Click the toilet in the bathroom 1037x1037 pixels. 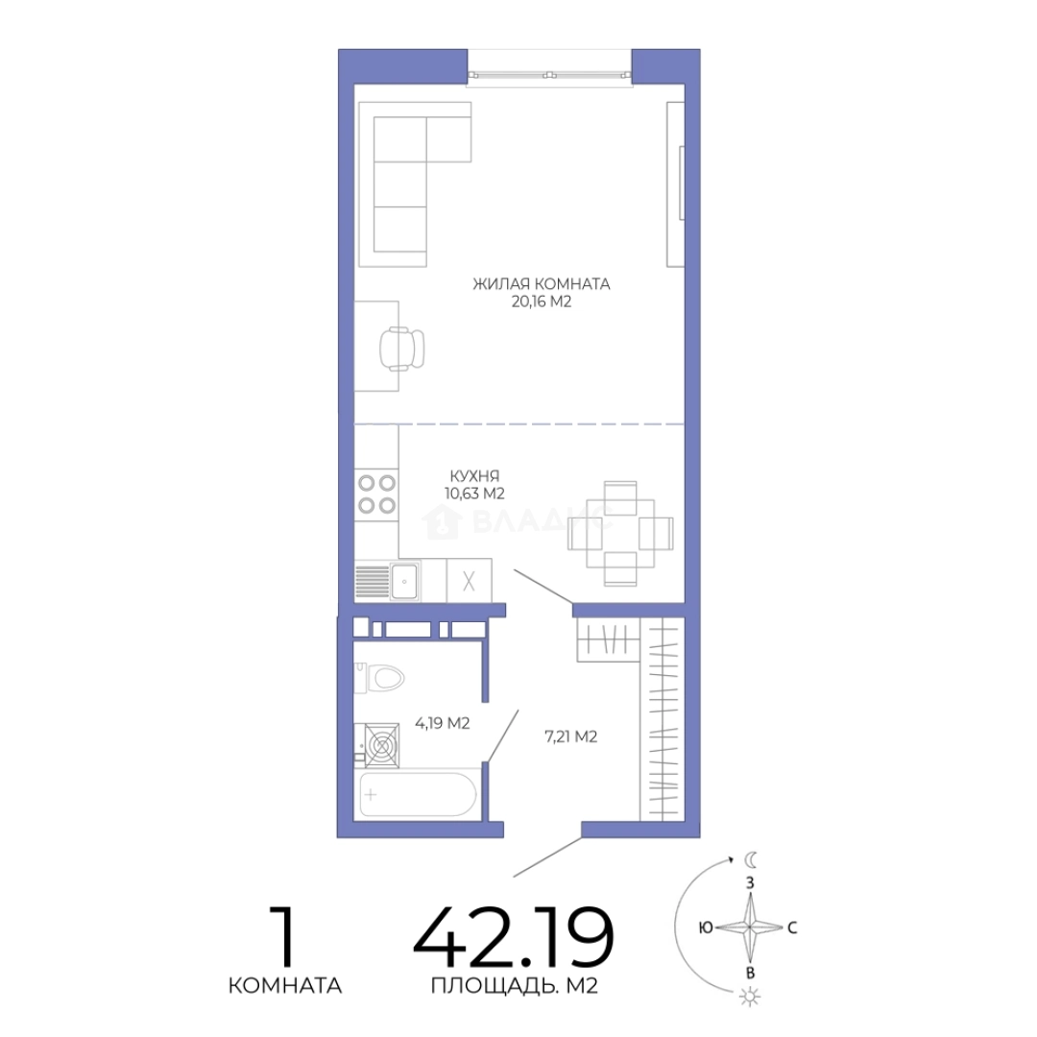pos(379,678)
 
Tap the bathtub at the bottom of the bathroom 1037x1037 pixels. pos(418,794)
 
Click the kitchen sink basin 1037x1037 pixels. pos(404,581)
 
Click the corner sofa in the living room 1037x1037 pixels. pos(416,184)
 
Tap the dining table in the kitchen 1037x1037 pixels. pos(620,533)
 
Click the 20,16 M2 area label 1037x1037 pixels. pos(541,302)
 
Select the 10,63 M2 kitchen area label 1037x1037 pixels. pos(475,494)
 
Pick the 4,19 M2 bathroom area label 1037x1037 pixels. pos(443,724)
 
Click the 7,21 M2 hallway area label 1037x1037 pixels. pos(570,736)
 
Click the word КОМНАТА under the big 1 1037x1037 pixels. pos(285,985)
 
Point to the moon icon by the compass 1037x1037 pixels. pos(751,859)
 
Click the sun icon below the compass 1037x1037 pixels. pos(750,997)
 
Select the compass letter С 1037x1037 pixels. pos(792,928)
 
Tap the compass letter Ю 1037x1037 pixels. pos(706,928)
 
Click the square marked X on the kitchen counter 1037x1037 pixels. pos(469,581)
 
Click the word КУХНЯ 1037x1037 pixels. pos(474,475)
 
